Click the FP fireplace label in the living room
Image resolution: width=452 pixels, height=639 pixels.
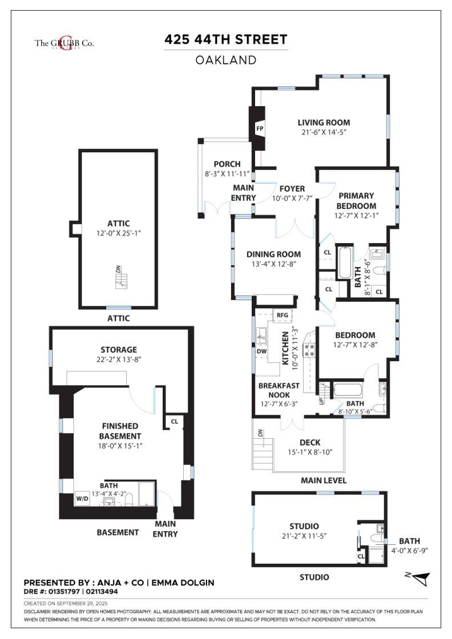coord(259,129)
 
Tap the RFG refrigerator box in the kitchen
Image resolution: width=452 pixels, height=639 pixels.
coord(282,314)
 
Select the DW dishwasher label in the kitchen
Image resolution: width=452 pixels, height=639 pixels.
coord(262,351)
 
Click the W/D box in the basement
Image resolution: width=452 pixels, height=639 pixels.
coord(82,498)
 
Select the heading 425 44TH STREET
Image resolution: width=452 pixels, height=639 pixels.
coord(225,39)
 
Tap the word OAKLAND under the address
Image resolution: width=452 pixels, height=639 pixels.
coord(225,59)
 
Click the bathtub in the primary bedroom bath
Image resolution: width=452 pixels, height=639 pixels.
coord(344,262)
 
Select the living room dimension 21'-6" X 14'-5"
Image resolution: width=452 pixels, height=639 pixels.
coord(324,132)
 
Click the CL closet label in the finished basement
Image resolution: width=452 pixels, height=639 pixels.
coord(173,422)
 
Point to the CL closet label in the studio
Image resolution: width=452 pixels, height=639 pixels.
coord(361,556)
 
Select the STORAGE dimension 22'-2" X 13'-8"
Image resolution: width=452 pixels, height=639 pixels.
coord(119,359)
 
